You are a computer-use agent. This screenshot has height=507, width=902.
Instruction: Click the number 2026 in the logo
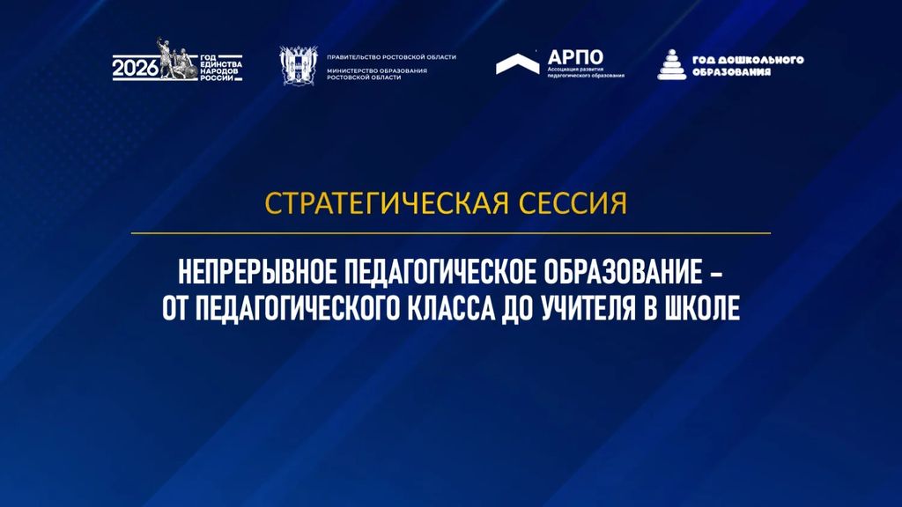(135, 68)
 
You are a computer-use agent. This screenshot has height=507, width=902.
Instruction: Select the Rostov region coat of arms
(299, 66)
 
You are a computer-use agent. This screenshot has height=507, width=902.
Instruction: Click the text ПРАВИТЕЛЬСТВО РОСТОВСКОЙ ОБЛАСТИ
(391, 57)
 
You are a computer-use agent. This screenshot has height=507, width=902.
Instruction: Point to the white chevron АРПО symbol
(518, 63)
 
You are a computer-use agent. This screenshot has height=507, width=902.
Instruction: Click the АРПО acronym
(575, 57)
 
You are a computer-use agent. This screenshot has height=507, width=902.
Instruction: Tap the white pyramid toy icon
(672, 64)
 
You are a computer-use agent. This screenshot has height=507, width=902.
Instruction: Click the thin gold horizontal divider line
(451, 233)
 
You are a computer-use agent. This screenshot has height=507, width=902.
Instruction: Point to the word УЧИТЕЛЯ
(589, 309)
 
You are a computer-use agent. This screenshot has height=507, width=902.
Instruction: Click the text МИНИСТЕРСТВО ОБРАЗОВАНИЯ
(377, 70)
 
